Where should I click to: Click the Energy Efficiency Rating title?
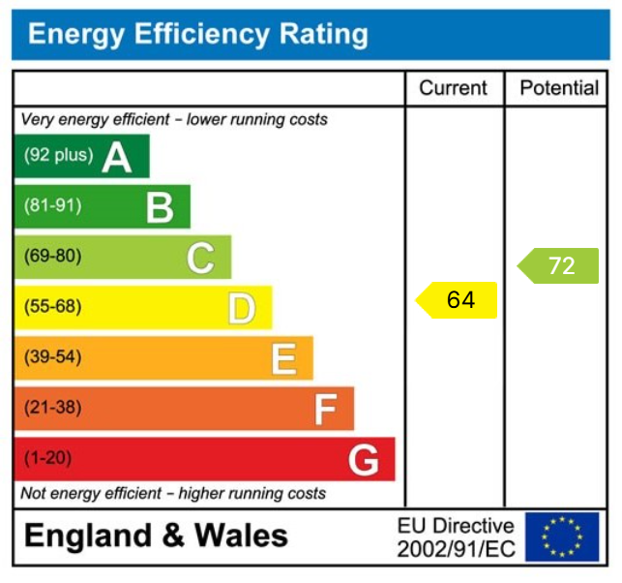[198, 35]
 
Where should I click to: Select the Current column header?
[453, 88]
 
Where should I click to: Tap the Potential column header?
[559, 88]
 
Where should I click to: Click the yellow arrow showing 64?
[457, 300]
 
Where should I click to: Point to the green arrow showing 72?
[558, 265]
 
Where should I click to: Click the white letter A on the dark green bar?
[117, 157]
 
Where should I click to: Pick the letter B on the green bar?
[159, 207]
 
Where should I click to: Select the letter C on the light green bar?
[200, 258]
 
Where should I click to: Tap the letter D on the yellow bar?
[241, 309]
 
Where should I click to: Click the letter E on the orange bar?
[282, 359]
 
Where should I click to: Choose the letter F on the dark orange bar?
[324, 410]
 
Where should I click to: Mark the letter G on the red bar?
[364, 460]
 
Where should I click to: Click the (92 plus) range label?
[58, 155]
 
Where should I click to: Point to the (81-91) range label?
[52, 205]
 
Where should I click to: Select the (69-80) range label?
[52, 257]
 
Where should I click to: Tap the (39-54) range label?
[52, 357]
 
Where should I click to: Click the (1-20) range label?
[47, 458]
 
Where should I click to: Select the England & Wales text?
[156, 536]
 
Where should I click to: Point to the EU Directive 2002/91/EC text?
[456, 537]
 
